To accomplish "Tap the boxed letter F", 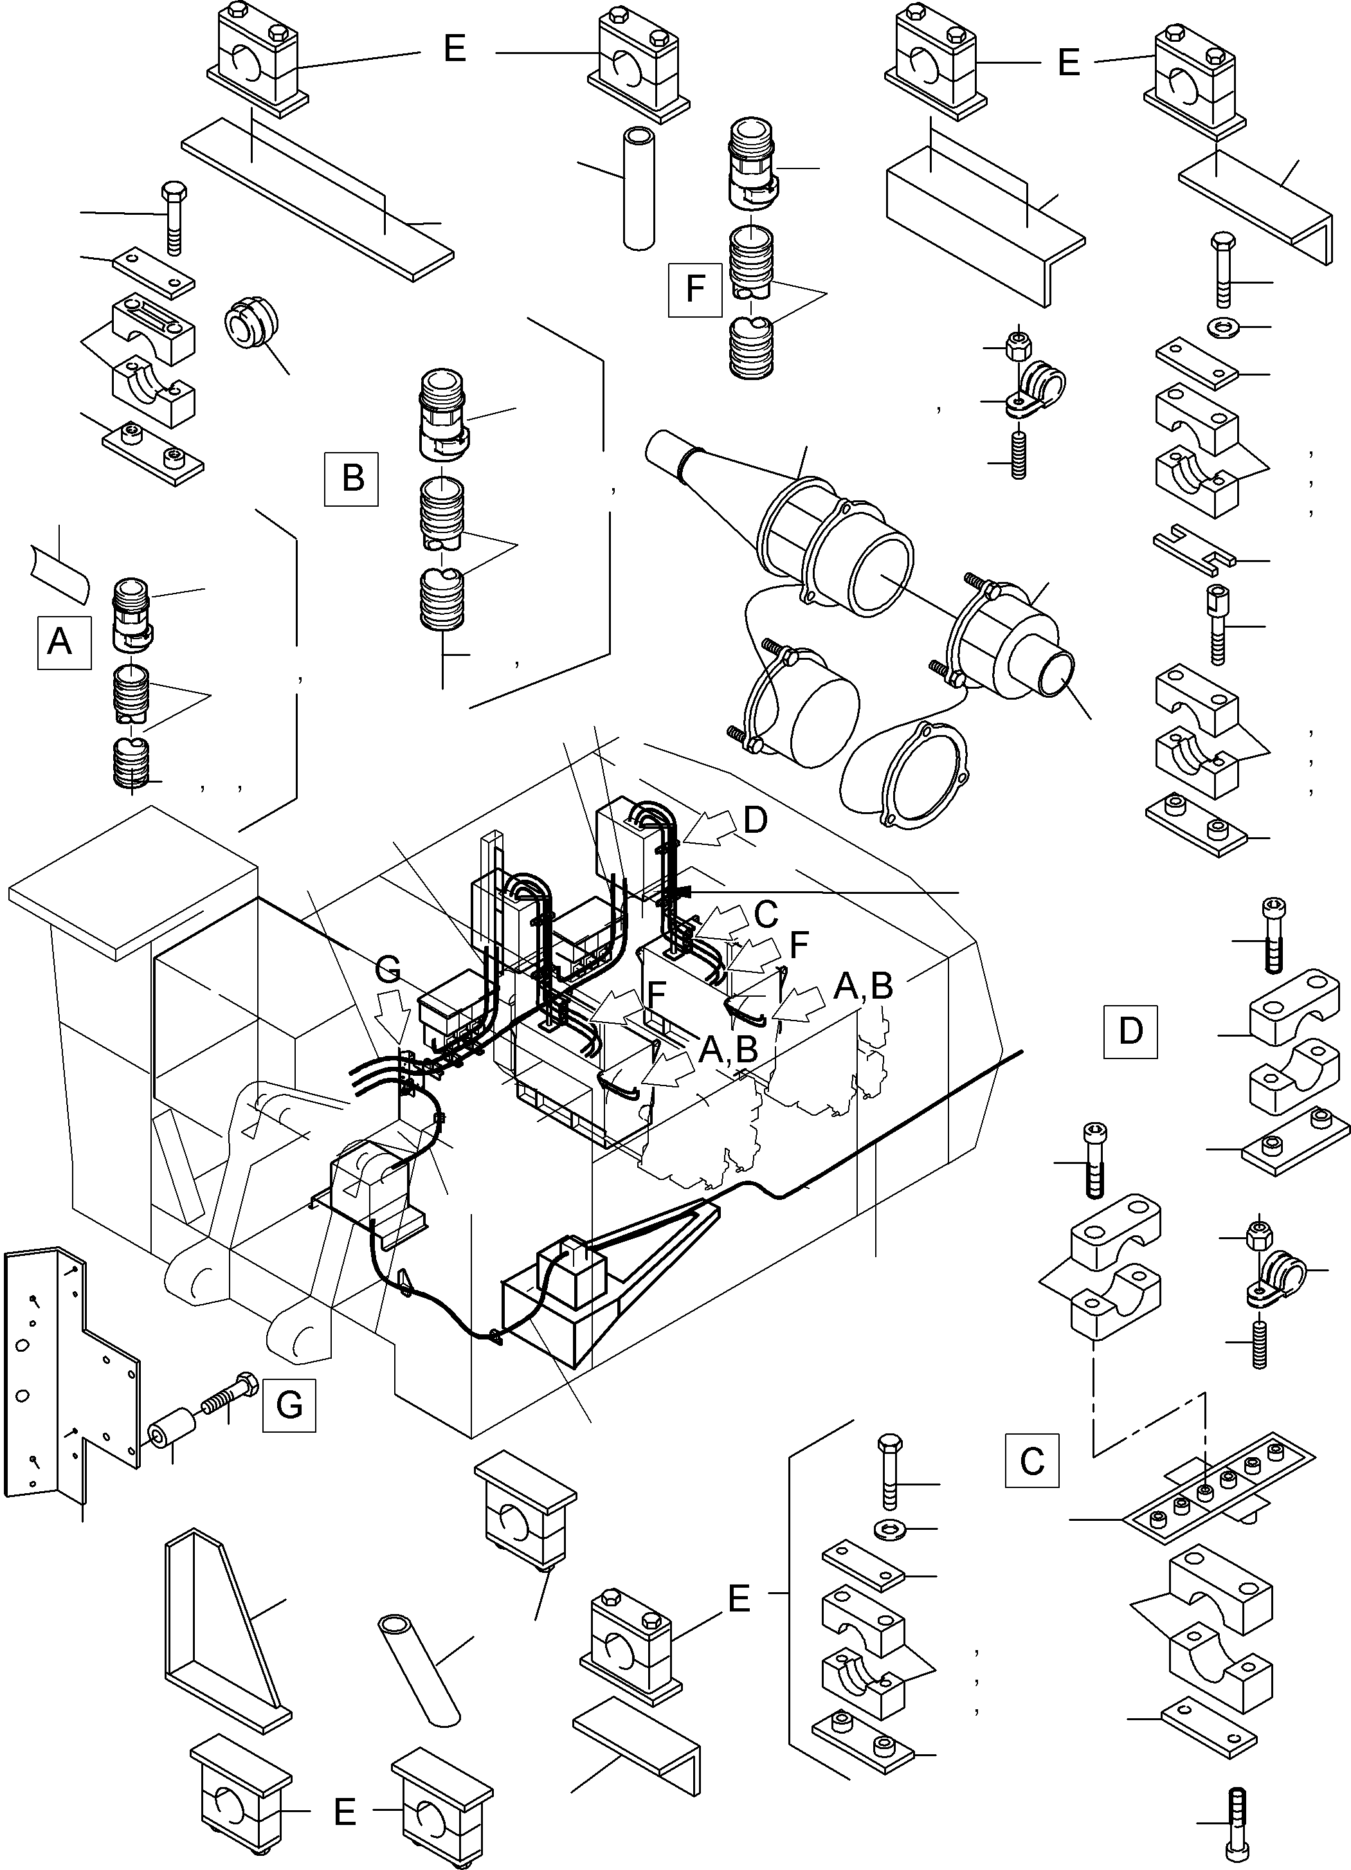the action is coord(695,289).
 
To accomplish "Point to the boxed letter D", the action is coord(1130,1031).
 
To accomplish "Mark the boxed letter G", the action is coord(289,1404).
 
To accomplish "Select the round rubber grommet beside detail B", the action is coord(249,325).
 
